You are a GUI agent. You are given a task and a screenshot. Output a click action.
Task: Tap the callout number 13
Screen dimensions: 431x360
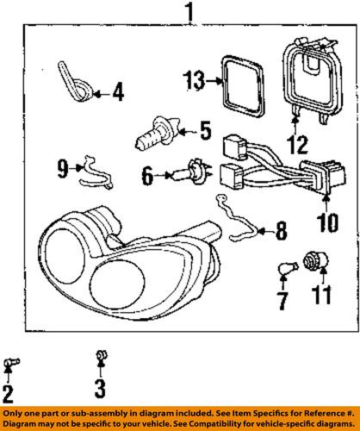(x=194, y=83)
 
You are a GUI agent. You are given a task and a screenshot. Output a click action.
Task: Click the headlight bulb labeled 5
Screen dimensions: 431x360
(x=156, y=134)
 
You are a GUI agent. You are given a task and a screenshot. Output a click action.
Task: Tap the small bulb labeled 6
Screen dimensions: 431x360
(x=186, y=176)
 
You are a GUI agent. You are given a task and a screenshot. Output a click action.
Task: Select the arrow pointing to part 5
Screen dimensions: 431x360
(x=183, y=133)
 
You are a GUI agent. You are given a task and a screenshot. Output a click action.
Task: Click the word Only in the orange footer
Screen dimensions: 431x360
(x=16, y=414)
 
